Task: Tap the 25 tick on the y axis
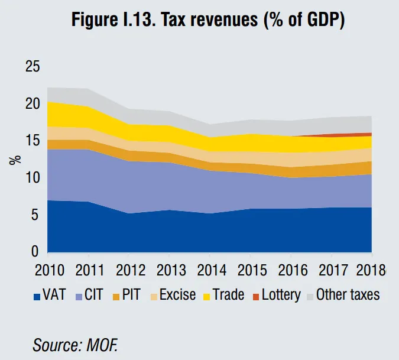[33, 67]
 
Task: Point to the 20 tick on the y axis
[33, 104]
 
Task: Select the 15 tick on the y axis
[33, 141]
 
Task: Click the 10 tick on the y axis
[33, 178]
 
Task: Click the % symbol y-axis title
[17, 159]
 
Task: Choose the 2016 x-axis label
[292, 271]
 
